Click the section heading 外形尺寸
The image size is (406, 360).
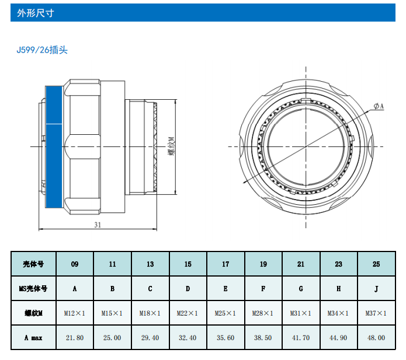(x=36, y=13)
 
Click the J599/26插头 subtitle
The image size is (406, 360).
(x=42, y=50)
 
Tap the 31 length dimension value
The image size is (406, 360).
(x=98, y=225)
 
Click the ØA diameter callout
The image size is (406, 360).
(x=379, y=106)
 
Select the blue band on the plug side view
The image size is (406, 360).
(x=54, y=146)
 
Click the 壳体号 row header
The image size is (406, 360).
(x=32, y=264)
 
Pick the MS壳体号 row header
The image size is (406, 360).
(x=32, y=288)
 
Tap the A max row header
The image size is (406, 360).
(x=32, y=338)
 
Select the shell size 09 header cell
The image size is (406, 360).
(x=75, y=264)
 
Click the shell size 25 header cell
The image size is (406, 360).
(x=376, y=264)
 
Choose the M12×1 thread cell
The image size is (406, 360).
(x=75, y=313)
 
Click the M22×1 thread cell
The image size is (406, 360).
(x=188, y=313)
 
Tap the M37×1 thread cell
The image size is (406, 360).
(x=376, y=313)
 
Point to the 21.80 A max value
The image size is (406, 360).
(x=75, y=338)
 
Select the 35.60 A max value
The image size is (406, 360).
(x=225, y=338)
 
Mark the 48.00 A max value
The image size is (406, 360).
(x=376, y=338)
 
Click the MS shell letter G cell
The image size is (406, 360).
(x=301, y=288)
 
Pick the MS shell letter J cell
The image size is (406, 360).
(x=376, y=288)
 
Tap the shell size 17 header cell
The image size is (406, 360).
(x=225, y=264)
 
